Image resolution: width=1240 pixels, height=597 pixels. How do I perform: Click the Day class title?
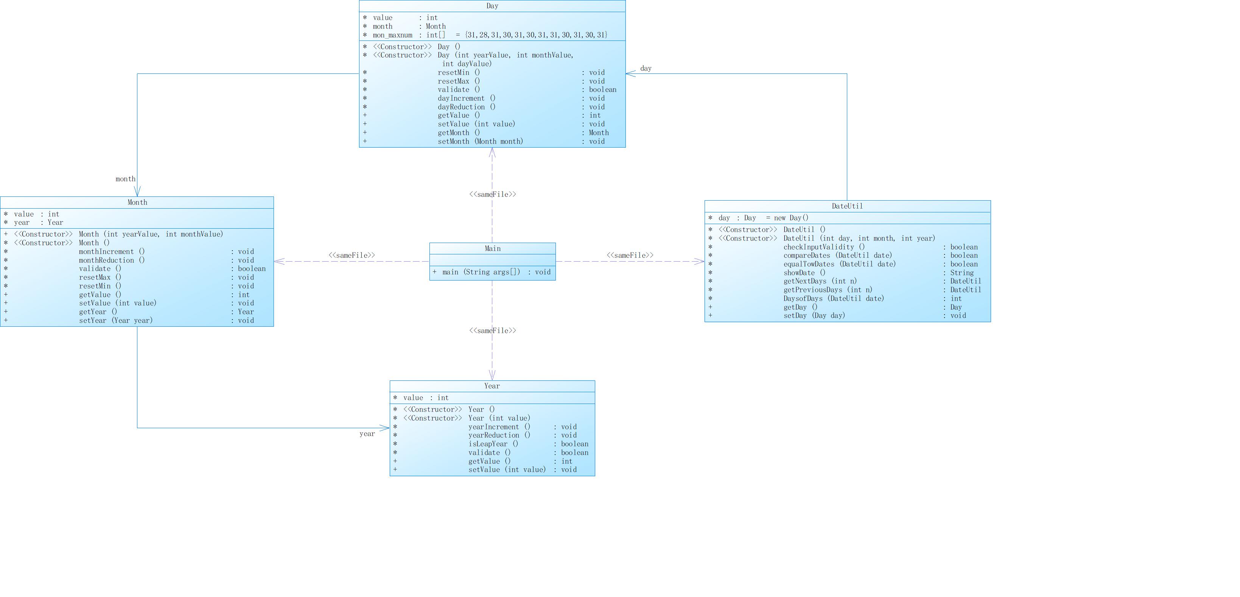point(492,6)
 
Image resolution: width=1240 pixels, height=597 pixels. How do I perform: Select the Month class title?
point(137,202)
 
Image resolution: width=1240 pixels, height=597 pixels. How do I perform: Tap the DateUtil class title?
point(847,206)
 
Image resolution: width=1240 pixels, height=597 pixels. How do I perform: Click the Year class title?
point(492,386)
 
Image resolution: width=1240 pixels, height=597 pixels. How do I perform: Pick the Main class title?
point(492,248)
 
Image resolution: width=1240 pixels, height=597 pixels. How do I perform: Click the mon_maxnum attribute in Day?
point(392,35)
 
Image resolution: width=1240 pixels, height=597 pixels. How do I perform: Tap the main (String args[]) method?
point(481,272)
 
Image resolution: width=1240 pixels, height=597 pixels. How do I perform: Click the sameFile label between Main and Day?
point(492,195)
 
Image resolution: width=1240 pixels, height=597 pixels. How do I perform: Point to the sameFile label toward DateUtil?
point(630,255)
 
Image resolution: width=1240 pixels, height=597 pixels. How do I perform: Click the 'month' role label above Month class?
point(125,179)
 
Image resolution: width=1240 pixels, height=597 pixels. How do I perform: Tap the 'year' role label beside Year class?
point(367,434)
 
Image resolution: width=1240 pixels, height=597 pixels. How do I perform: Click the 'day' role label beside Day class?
point(646,69)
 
